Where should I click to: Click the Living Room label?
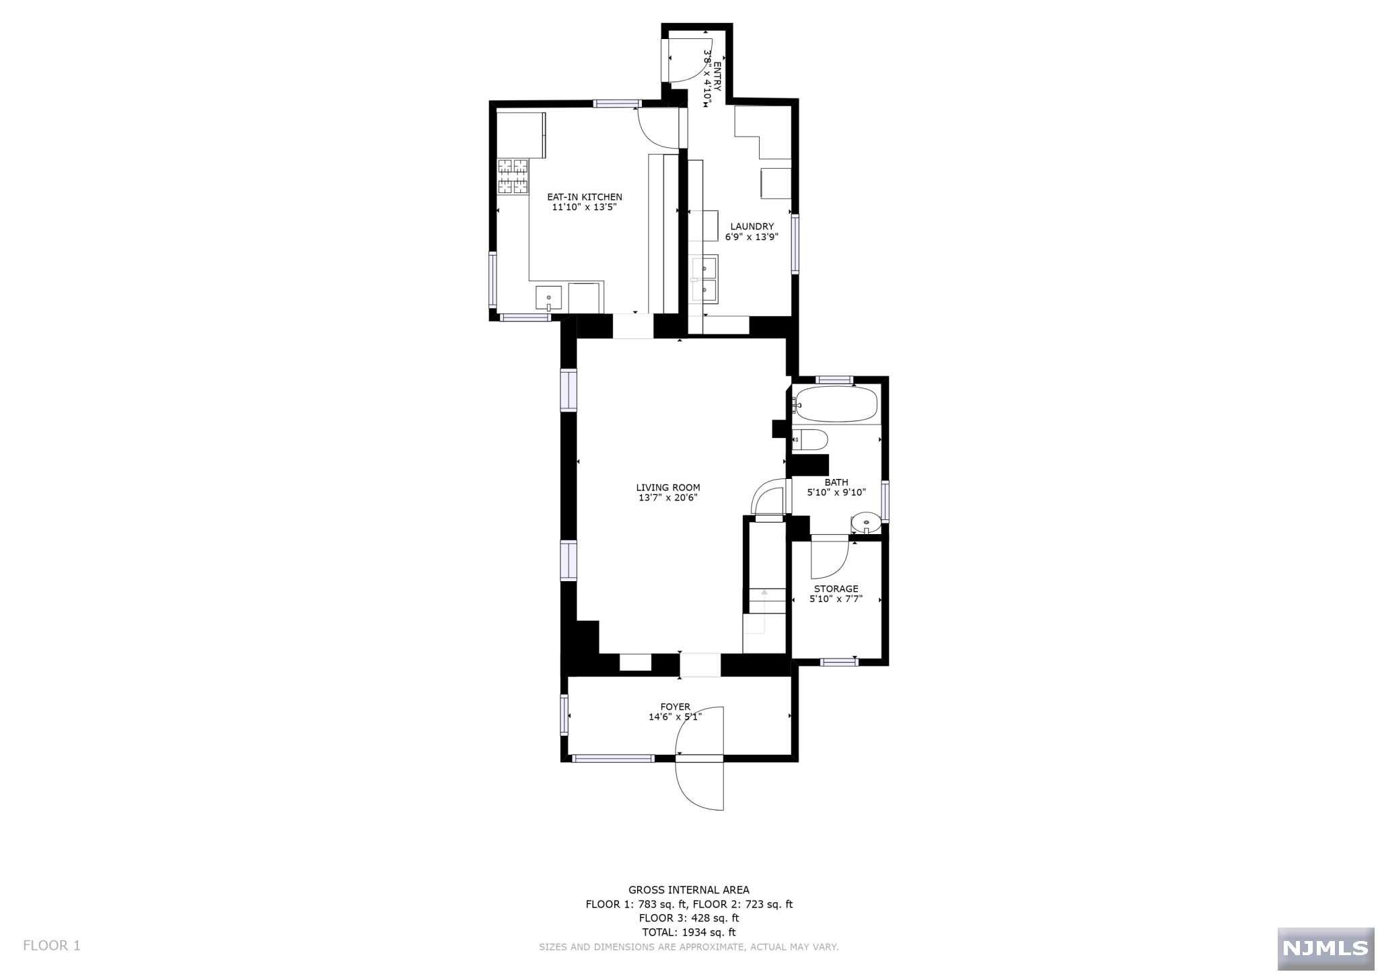pos(667,488)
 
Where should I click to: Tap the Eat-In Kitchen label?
pos(584,197)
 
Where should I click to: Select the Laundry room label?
pos(752,227)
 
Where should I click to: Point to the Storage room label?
pos(836,589)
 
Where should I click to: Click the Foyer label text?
pos(675,707)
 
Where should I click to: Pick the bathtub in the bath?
pos(836,404)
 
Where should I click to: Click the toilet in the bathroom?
pos(810,440)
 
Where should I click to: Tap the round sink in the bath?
pos(865,521)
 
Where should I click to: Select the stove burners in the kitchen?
pos(513,177)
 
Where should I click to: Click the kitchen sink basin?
pos(548,297)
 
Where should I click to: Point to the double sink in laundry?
pos(705,279)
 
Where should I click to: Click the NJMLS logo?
pos(1325,948)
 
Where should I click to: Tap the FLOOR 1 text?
pos(51,946)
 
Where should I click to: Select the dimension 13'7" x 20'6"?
pos(667,498)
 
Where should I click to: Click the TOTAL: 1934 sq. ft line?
pos(688,932)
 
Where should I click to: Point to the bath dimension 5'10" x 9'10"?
pos(836,492)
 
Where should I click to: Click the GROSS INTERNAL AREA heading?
pos(688,890)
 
